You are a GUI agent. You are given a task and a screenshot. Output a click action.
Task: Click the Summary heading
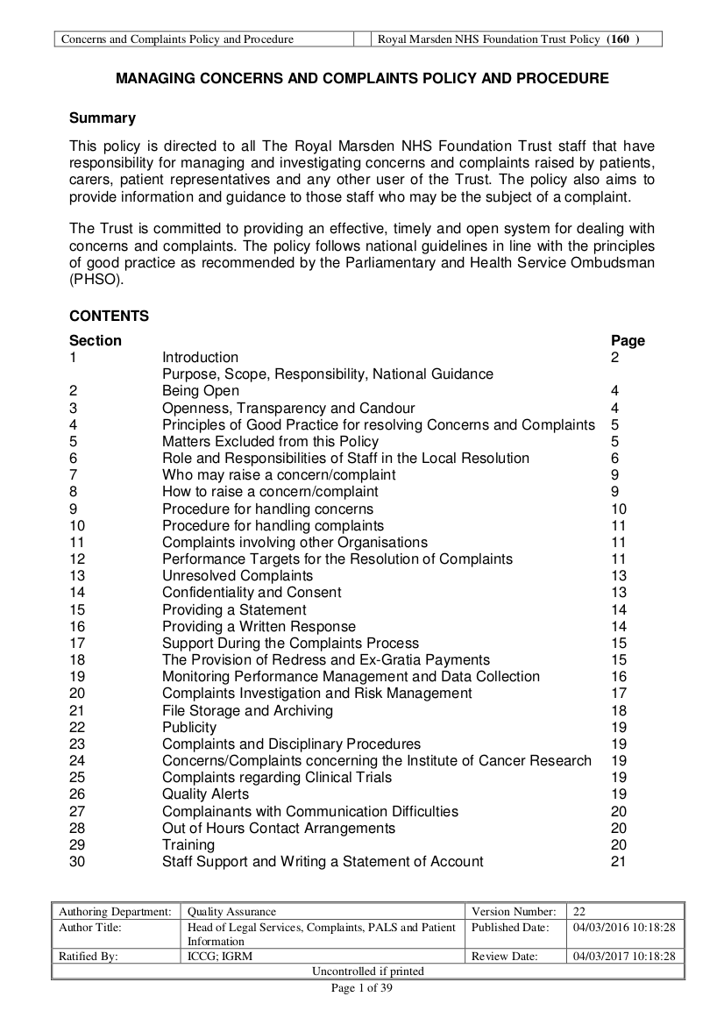coord(103,118)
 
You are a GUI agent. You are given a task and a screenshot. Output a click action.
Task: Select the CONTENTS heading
coord(109,317)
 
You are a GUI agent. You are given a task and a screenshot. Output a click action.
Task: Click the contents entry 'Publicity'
coord(188,727)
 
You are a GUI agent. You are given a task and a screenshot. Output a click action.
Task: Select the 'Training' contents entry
coord(188,844)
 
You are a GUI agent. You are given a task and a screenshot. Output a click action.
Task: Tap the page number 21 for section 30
coord(618,862)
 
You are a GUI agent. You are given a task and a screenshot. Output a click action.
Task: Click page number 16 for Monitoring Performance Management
coord(618,677)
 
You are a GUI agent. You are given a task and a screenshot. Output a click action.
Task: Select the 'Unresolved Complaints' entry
coord(237,576)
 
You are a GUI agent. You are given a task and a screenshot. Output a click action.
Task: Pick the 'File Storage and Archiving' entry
coord(247,710)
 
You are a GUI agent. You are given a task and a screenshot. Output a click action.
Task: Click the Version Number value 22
coord(579,912)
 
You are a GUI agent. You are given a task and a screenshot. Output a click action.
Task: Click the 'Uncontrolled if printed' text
coord(367,971)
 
